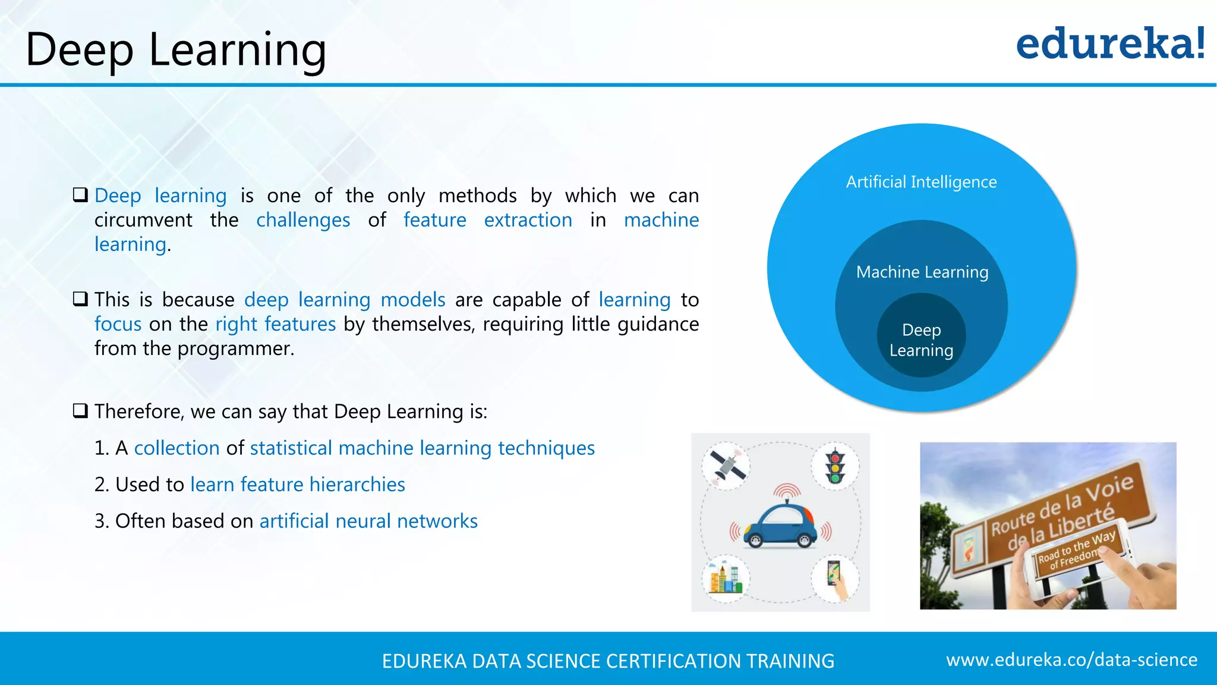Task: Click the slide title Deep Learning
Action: pyautogui.click(x=176, y=49)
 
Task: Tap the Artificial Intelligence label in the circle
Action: pyautogui.click(x=921, y=182)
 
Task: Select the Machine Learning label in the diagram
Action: pyautogui.click(x=922, y=272)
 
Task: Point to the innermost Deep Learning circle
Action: pyautogui.click(x=921, y=340)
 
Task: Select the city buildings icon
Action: pyautogui.click(x=725, y=578)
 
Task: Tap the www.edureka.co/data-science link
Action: pyautogui.click(x=1071, y=659)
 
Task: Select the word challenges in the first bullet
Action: pyautogui.click(x=303, y=220)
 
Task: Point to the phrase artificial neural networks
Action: pyautogui.click(x=368, y=521)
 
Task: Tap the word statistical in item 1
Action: pyautogui.click(x=291, y=448)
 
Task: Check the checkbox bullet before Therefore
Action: pyautogui.click(x=80, y=411)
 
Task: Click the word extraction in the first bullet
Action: pyautogui.click(x=528, y=220)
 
